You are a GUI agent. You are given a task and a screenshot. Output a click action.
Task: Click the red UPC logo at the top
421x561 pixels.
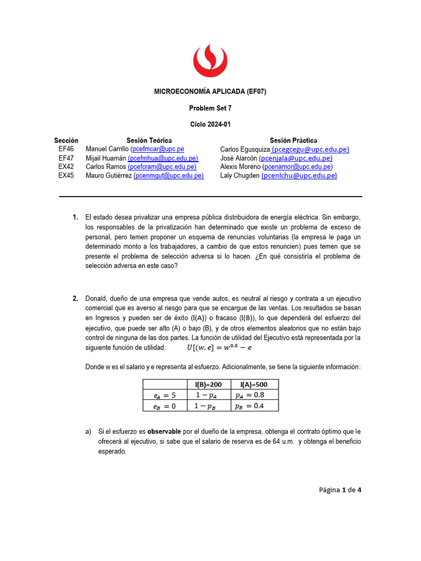point(210,60)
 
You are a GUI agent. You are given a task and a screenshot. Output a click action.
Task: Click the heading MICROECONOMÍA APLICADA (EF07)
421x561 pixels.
point(210,91)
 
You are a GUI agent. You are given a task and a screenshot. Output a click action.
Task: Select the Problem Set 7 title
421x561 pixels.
point(210,108)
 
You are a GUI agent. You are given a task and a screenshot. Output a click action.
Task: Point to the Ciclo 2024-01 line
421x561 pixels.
point(210,124)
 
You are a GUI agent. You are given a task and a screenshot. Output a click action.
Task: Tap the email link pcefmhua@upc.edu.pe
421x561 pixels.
point(163,158)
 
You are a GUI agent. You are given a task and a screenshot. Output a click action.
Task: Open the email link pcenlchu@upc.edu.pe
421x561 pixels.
point(299,175)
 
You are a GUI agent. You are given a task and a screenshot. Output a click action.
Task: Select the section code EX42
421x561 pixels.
point(66,167)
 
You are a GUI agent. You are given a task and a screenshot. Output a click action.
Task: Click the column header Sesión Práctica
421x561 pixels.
point(293,140)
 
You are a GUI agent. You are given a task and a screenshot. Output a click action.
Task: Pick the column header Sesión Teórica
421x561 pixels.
point(149,140)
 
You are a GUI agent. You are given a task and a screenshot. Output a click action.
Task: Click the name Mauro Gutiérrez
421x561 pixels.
point(109,175)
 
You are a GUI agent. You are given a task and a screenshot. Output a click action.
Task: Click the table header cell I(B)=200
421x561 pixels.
point(208,385)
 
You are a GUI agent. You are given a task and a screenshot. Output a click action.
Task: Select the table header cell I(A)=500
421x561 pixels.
point(254,385)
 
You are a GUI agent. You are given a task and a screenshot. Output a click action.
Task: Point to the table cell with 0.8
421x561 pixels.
point(254,395)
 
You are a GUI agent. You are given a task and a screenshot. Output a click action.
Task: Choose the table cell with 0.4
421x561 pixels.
point(254,406)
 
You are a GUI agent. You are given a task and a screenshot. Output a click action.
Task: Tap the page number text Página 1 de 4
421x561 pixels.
point(340,490)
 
